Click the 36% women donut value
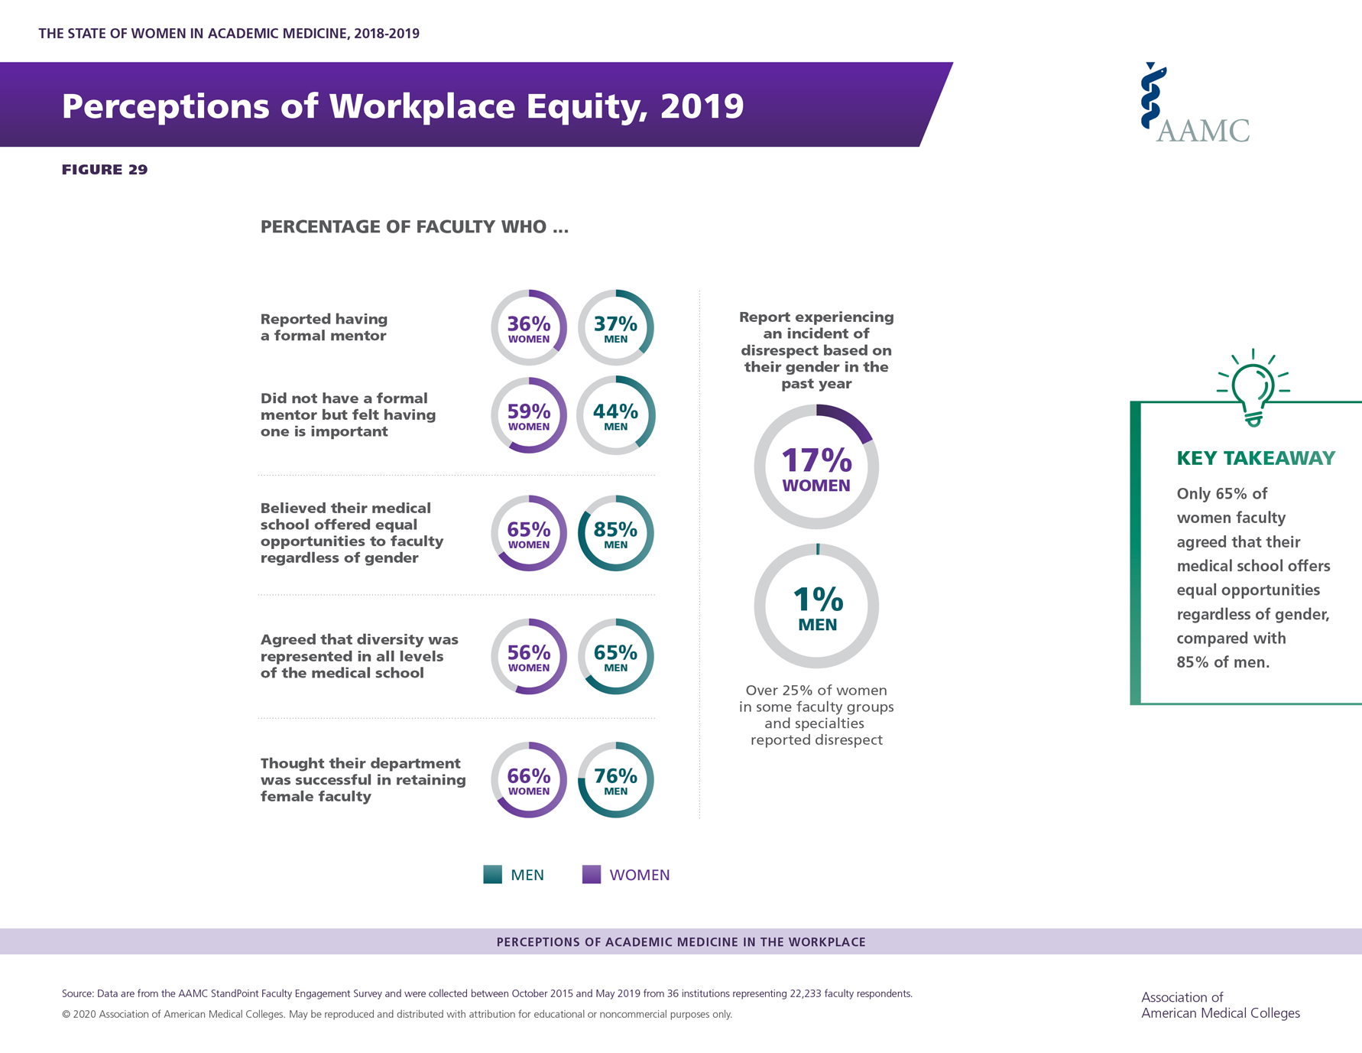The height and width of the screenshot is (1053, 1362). click(x=529, y=325)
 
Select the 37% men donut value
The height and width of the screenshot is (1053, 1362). click(x=615, y=325)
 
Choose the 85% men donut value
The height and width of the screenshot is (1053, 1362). click(x=615, y=530)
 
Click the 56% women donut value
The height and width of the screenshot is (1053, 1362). click(x=529, y=653)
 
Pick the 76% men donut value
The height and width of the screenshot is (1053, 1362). click(x=615, y=777)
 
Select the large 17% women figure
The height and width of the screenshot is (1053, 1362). click(x=816, y=461)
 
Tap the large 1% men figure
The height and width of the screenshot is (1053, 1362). click(x=817, y=600)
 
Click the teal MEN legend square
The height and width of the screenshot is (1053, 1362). click(x=493, y=874)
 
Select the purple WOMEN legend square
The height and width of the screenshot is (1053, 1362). click(x=592, y=874)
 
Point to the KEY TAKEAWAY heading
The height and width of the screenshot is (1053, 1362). click(x=1256, y=458)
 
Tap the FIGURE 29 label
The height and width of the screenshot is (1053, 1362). click(x=105, y=170)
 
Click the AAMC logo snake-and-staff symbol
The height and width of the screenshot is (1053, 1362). click(x=1152, y=96)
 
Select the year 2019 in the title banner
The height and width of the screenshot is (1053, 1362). click(x=702, y=106)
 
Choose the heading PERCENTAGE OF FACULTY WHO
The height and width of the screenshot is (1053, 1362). click(x=414, y=227)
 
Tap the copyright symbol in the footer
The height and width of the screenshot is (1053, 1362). click(x=66, y=1015)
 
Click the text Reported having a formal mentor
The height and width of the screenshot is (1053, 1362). click(x=324, y=327)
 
